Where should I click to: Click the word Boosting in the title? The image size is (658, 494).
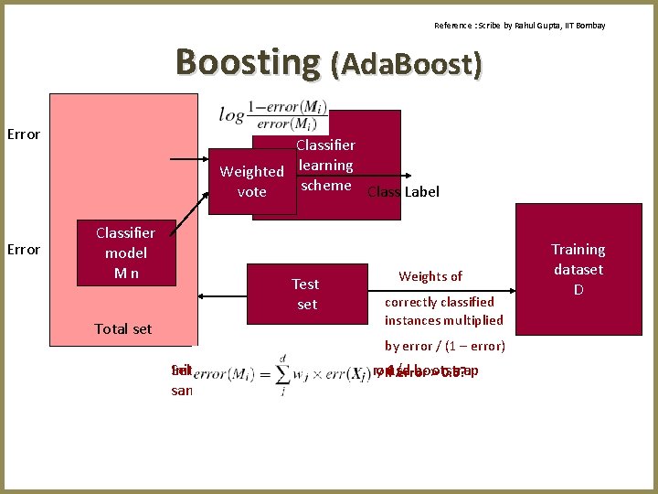pyautogui.click(x=248, y=62)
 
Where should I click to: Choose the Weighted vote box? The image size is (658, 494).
pyautogui.click(x=251, y=181)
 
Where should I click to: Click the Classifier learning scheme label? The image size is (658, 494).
pyautogui.click(x=325, y=165)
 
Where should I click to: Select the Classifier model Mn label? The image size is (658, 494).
pyautogui.click(x=125, y=253)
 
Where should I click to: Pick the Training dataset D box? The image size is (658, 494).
pyautogui.click(x=578, y=269)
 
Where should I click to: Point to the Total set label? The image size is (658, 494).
pyautogui.click(x=123, y=328)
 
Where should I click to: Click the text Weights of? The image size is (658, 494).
pyautogui.click(x=430, y=276)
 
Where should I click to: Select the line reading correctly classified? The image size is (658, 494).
pyautogui.click(x=439, y=302)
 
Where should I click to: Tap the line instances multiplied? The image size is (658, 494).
pyautogui.click(x=443, y=319)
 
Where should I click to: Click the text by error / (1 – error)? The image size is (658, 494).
pyautogui.click(x=445, y=346)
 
